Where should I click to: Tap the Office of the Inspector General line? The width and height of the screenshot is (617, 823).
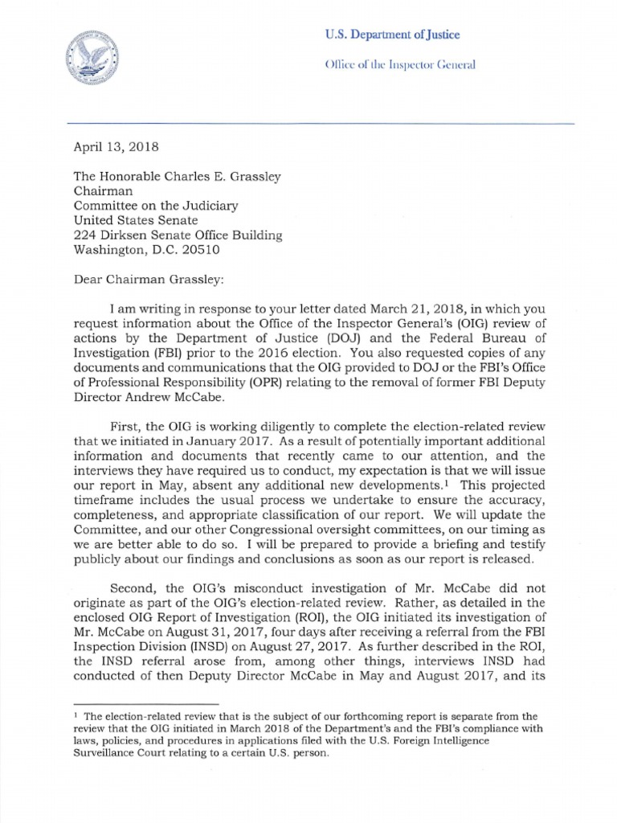click(399, 64)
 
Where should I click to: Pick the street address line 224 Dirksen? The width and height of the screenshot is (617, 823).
click(178, 235)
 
